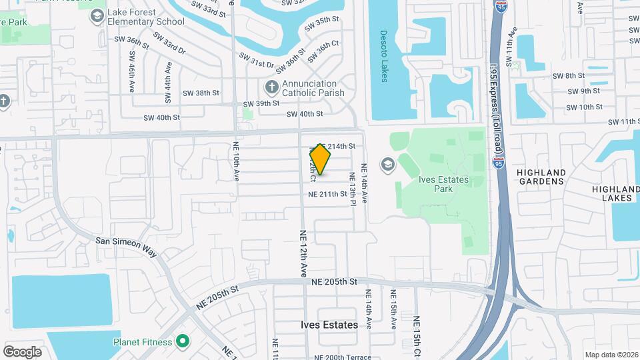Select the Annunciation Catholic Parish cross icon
[x=271, y=87]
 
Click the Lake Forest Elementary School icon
[x=97, y=15]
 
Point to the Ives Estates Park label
[x=445, y=183]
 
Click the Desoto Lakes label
[x=384, y=55]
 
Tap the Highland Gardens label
[x=541, y=177]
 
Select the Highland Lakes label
[x=615, y=194]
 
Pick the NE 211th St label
[x=327, y=195]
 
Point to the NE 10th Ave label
[x=236, y=163]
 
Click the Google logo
[x=22, y=351]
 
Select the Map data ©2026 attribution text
[x=611, y=355]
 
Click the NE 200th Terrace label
[x=346, y=357]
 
